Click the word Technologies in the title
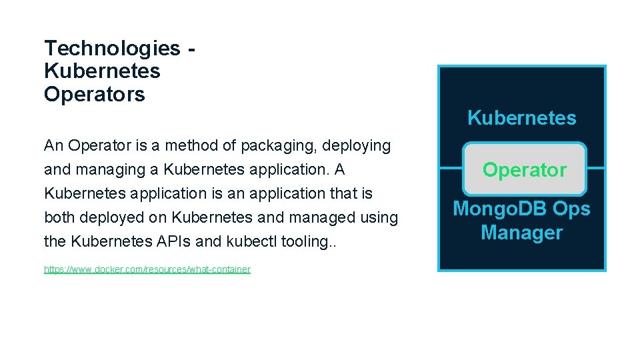112,48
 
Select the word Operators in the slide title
94,95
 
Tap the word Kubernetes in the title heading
102,71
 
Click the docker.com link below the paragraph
147,269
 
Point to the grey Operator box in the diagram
525,170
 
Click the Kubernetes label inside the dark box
521,118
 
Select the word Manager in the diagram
521,233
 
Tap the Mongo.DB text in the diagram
492,209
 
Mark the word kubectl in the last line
251,241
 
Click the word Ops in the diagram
571,209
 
